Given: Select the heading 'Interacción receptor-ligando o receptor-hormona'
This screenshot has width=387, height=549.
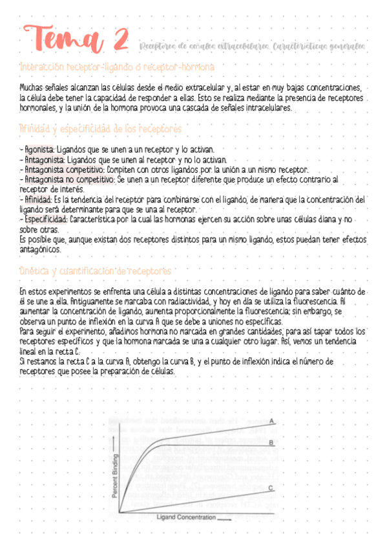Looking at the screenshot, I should pyautogui.click(x=118, y=67).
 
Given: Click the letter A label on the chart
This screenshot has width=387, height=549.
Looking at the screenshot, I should pyautogui.click(x=272, y=421).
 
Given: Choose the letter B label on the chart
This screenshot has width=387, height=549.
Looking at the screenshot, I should pyautogui.click(x=272, y=443).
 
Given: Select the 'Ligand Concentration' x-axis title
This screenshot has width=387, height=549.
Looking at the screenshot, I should pyautogui.click(x=186, y=517).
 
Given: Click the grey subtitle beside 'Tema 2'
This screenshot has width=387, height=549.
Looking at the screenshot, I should pyautogui.click(x=251, y=46).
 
